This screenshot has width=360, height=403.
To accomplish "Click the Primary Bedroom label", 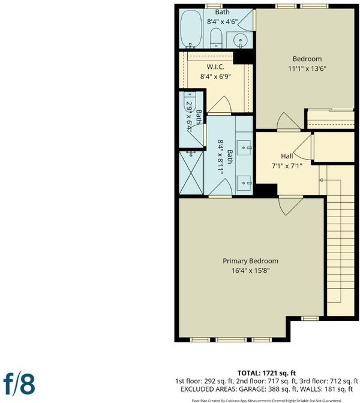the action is pyautogui.click(x=250, y=261).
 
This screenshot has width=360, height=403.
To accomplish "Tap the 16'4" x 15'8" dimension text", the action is pyautogui.click(x=250, y=270).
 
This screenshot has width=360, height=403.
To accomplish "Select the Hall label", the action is pyautogui.click(x=287, y=157).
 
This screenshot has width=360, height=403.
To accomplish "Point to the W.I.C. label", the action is pyautogui.click(x=215, y=67).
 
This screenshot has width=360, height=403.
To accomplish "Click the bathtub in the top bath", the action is pyautogui.click(x=191, y=29).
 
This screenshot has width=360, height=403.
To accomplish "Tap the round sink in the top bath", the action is pyautogui.click(x=241, y=40).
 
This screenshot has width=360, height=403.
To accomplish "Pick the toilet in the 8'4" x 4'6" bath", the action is pyautogui.click(x=216, y=38).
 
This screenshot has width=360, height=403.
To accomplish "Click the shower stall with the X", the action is pyautogui.click(x=191, y=173).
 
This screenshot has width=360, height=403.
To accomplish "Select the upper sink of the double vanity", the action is pyautogui.click(x=244, y=148).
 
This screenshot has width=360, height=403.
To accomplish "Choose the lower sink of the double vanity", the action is pyautogui.click(x=244, y=183).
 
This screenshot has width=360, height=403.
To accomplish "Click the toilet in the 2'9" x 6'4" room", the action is pyautogui.click(x=190, y=101).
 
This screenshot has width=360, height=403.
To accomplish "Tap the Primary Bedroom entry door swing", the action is pyautogui.click(x=290, y=206).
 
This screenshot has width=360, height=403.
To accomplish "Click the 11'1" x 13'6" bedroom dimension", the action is pyautogui.click(x=307, y=69).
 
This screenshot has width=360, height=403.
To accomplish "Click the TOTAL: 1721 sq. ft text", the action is pyautogui.click(x=266, y=373).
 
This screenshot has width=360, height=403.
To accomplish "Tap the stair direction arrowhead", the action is pyautogui.click(x=321, y=180).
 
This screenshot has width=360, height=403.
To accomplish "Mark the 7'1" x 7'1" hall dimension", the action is pyautogui.click(x=287, y=166).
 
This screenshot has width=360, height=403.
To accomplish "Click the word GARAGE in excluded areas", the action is pyautogui.click(x=253, y=389).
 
